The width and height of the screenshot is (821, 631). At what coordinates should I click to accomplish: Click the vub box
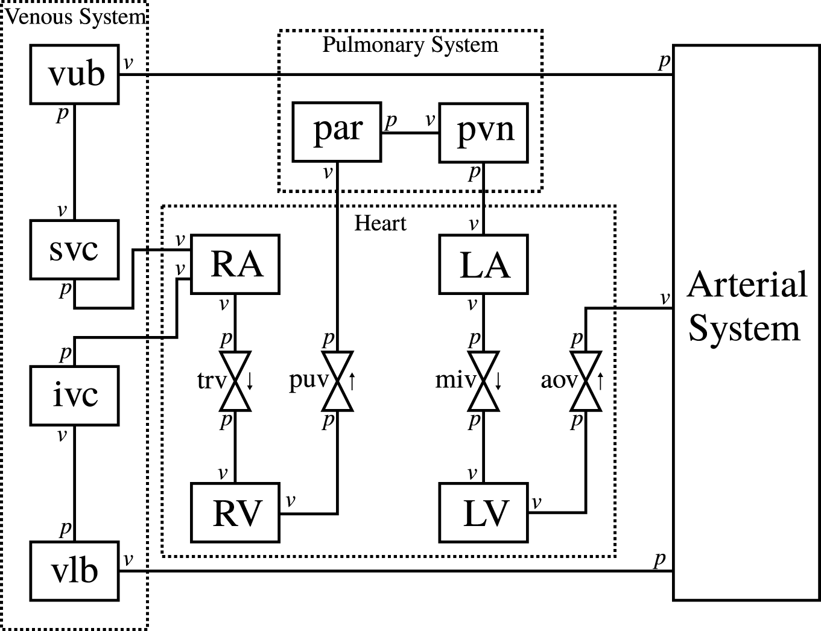[x=74, y=74]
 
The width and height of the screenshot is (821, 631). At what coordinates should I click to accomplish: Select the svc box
[x=74, y=249]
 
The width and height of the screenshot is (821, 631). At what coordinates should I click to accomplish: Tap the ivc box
[x=74, y=395]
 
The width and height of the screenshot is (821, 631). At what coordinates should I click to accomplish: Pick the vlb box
[x=74, y=571]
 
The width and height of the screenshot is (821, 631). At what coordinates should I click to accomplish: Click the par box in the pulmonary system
[x=337, y=132]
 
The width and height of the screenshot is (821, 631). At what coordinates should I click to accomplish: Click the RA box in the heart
[x=235, y=264]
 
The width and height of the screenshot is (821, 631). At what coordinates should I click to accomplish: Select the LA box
[x=484, y=264]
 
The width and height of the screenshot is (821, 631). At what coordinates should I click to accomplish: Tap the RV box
[x=235, y=512]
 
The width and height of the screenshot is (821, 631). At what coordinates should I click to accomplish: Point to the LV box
[x=484, y=512]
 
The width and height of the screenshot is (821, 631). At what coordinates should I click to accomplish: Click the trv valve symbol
[x=235, y=381]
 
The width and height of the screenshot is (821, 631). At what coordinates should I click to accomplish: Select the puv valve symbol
[x=337, y=381]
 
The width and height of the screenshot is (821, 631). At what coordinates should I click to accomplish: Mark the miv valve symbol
[x=484, y=381]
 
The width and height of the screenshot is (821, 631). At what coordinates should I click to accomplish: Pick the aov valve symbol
[x=586, y=381]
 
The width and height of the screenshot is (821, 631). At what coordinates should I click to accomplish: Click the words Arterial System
[x=746, y=306]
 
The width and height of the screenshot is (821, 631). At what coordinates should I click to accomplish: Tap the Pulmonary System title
[x=410, y=45]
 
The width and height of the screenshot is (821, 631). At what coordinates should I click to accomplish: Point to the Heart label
[x=380, y=223]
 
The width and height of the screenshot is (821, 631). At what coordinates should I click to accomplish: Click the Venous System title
[x=75, y=16]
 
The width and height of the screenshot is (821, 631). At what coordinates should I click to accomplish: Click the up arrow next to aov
[x=600, y=381]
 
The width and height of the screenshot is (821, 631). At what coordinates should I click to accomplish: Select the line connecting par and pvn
[x=410, y=132]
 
